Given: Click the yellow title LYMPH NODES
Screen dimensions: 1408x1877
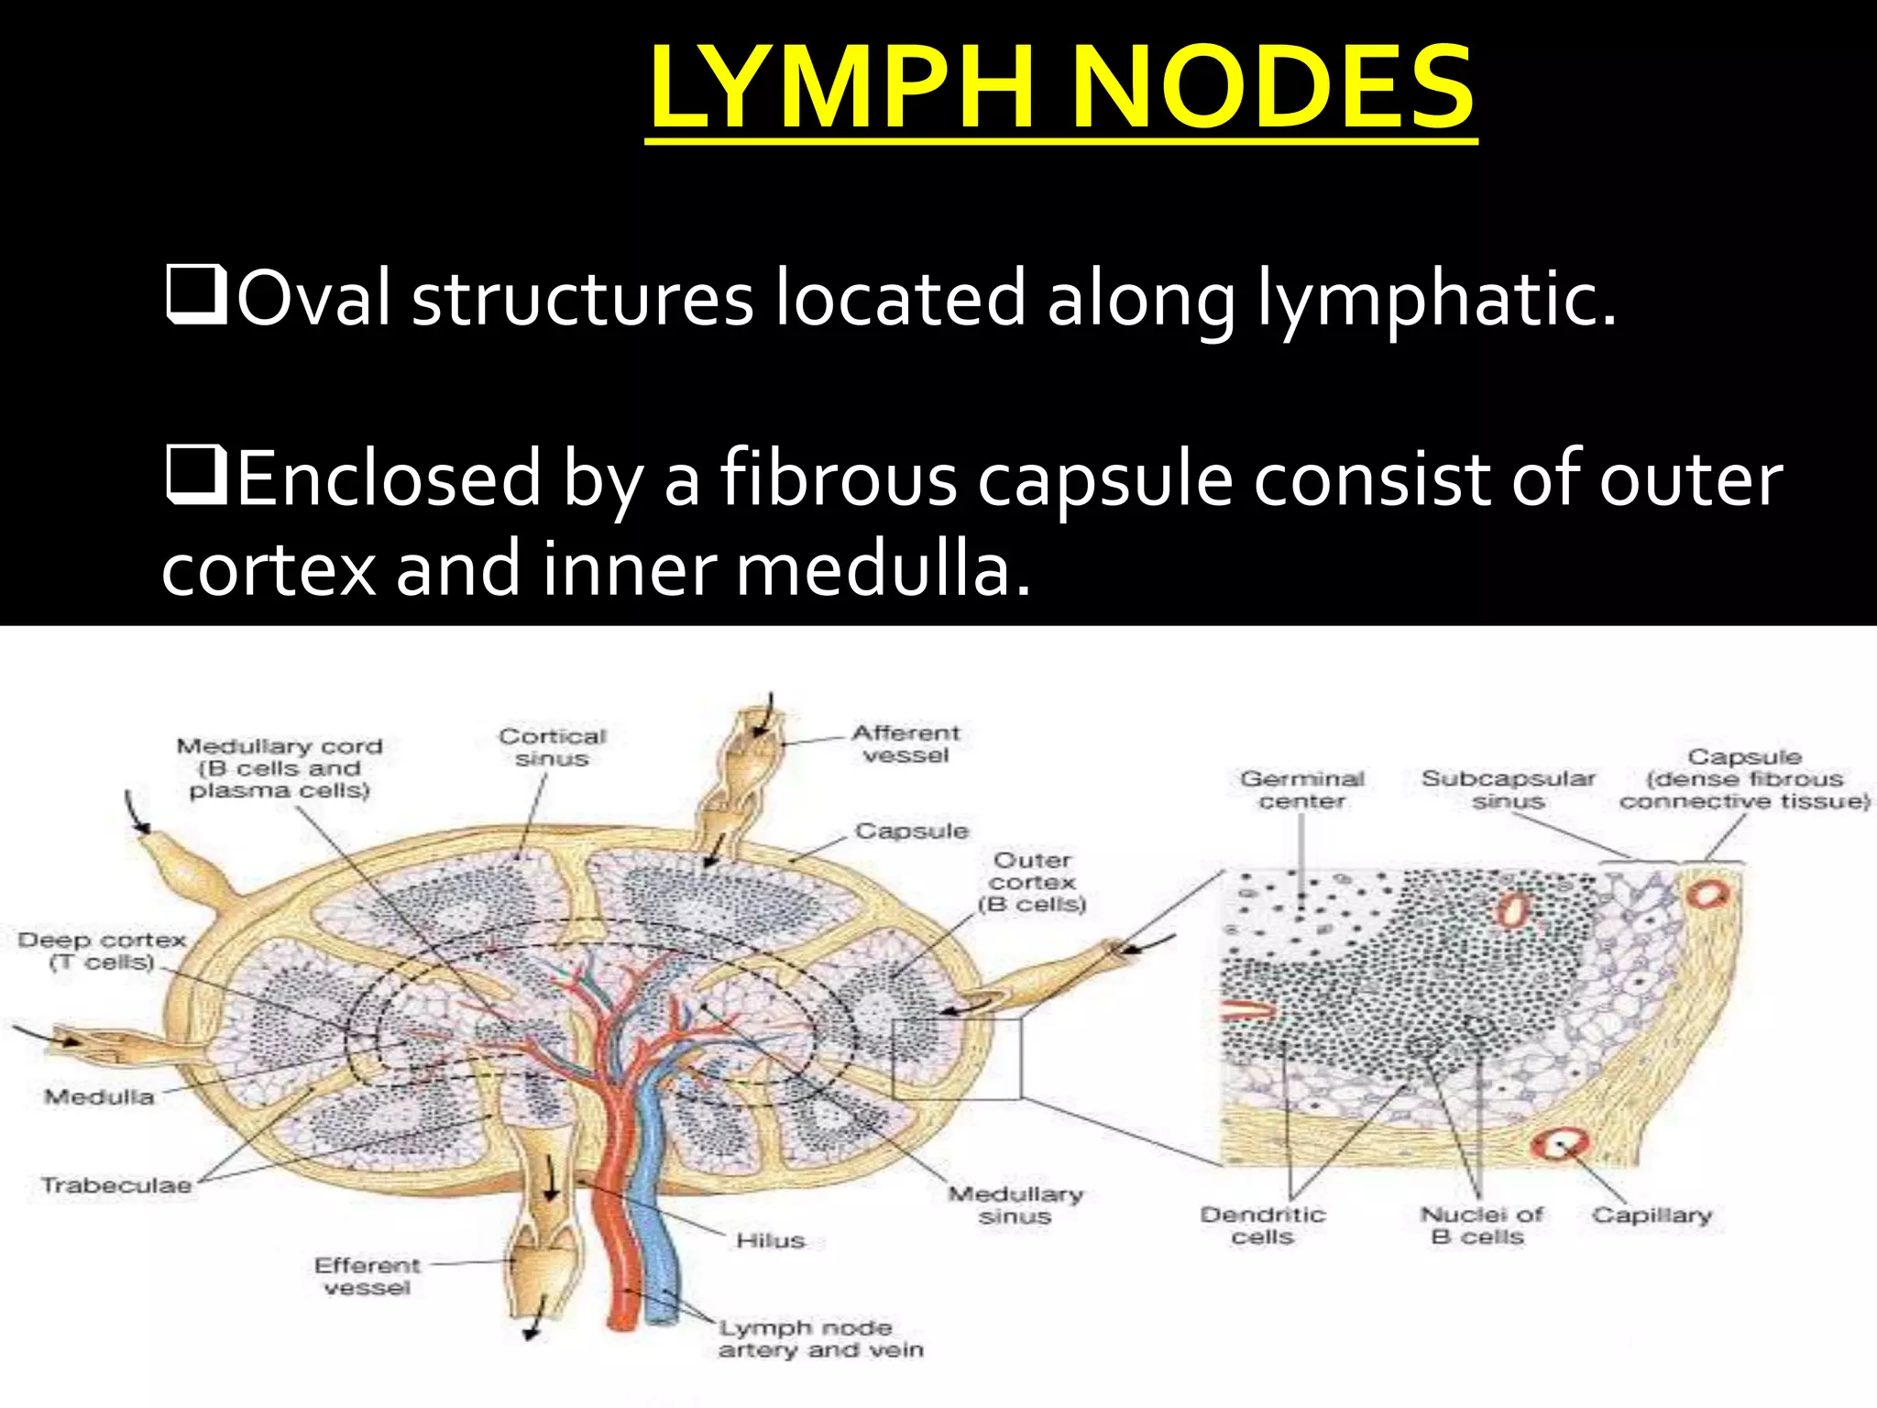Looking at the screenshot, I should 1061,89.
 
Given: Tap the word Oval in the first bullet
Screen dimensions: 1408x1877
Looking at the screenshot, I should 315,299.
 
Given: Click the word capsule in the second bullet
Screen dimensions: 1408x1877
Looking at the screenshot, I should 1105,480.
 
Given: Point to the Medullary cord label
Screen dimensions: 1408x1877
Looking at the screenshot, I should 280,768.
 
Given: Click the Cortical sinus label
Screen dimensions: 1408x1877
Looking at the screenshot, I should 552,747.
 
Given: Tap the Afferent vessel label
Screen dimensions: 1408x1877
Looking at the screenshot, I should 906,743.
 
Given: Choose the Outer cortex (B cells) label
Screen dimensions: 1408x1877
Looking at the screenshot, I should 1032,882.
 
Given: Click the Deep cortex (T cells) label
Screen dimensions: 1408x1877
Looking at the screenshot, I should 102,951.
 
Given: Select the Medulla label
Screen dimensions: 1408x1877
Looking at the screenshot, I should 99,1096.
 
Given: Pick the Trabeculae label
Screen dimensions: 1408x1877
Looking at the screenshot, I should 116,1184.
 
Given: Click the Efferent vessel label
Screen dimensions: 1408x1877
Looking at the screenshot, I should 368,1276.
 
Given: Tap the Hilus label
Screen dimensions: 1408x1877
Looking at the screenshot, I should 770,1240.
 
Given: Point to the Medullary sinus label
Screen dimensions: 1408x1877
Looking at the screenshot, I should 1015,1204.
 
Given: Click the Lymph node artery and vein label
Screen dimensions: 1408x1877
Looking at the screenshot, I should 820,1338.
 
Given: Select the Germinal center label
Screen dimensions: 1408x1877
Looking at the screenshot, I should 1302,789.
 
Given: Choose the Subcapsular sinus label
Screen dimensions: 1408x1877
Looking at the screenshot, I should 1508,789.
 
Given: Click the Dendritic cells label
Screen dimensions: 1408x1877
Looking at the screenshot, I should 1263,1226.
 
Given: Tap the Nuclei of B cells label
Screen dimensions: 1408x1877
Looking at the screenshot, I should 1481,1226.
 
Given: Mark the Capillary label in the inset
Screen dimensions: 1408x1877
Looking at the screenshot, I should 1652,1215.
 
